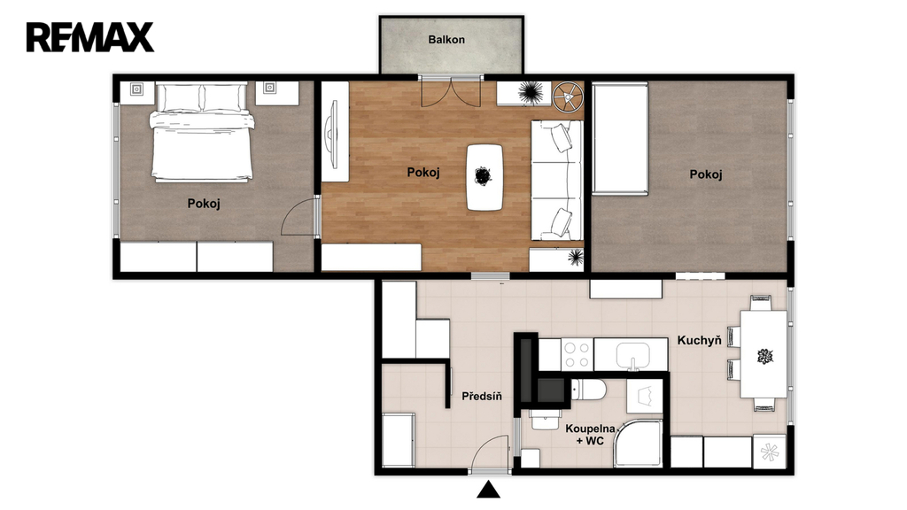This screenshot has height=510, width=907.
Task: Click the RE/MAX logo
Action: pyautogui.click(x=89, y=37)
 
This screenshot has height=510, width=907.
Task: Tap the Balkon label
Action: pyautogui.click(x=446, y=40)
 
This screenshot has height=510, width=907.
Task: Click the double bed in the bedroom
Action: pyautogui.click(x=201, y=132)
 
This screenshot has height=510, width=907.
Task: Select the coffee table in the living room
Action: pyautogui.click(x=485, y=177)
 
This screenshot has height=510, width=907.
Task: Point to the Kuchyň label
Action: pyautogui.click(x=699, y=340)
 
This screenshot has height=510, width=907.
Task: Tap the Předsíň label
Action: pyautogui.click(x=481, y=397)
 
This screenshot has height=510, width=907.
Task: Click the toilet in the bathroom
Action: pyautogui.click(x=588, y=390)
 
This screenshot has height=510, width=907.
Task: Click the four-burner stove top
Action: pyautogui.click(x=577, y=354)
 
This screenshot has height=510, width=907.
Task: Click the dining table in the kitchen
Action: pyautogui.click(x=764, y=354)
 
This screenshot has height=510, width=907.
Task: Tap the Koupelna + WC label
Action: pyautogui.click(x=590, y=435)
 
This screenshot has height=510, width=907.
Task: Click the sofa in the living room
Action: pyautogui.click(x=556, y=181)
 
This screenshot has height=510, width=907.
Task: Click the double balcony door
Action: pyautogui.click(x=451, y=91)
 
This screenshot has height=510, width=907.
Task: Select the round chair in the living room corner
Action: pyautogui.click(x=567, y=97)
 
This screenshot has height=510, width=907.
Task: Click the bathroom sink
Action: pyautogui.click(x=546, y=419)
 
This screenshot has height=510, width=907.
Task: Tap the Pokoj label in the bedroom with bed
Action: pyautogui.click(x=204, y=204)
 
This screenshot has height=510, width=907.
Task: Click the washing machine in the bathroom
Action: pyautogui.click(x=645, y=397)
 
